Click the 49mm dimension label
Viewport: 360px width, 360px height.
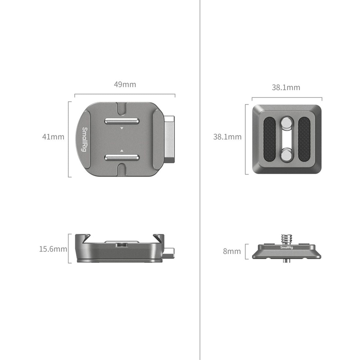point(125,85)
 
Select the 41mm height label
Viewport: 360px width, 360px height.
point(53,137)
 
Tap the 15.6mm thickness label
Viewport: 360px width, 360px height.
point(53,249)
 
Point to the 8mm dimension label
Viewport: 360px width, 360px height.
point(232,251)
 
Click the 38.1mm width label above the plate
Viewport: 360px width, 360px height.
point(286,88)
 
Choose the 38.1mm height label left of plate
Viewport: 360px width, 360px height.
point(227,137)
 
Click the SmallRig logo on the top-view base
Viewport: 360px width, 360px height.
point(85,139)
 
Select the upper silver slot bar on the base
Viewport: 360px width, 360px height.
point(122,121)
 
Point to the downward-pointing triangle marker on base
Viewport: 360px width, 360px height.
point(122,128)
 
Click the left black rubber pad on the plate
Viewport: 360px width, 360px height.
point(270,139)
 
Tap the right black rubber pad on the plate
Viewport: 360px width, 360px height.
point(304,139)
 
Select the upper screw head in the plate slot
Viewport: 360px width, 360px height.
point(287,123)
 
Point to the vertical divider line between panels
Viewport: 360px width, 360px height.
point(200,180)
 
